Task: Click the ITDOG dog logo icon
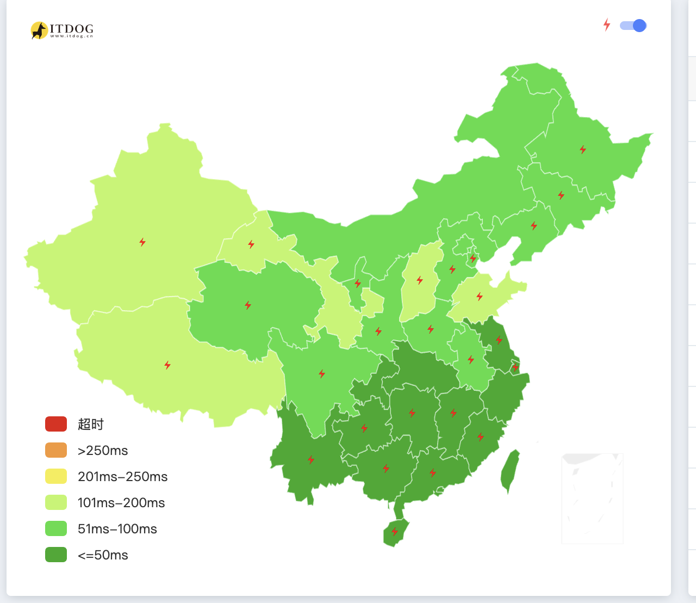click(39, 30)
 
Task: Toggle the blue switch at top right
click(633, 26)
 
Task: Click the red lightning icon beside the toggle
click(607, 25)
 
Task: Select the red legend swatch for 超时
click(56, 424)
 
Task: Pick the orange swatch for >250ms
click(56, 450)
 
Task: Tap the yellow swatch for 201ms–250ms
click(56, 476)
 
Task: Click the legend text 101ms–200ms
click(121, 503)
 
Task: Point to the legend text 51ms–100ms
click(117, 529)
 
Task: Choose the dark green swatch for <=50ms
click(56, 555)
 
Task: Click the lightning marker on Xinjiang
click(142, 242)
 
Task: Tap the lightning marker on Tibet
click(167, 365)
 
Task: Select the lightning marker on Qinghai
click(248, 305)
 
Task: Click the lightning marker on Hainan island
click(395, 532)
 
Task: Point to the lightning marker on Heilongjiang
click(583, 150)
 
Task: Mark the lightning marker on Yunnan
click(311, 460)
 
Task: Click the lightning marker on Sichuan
click(322, 374)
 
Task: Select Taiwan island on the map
click(510, 471)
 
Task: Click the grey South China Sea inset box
click(592, 499)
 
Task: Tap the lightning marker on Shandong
click(480, 297)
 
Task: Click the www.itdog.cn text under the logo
click(72, 36)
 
